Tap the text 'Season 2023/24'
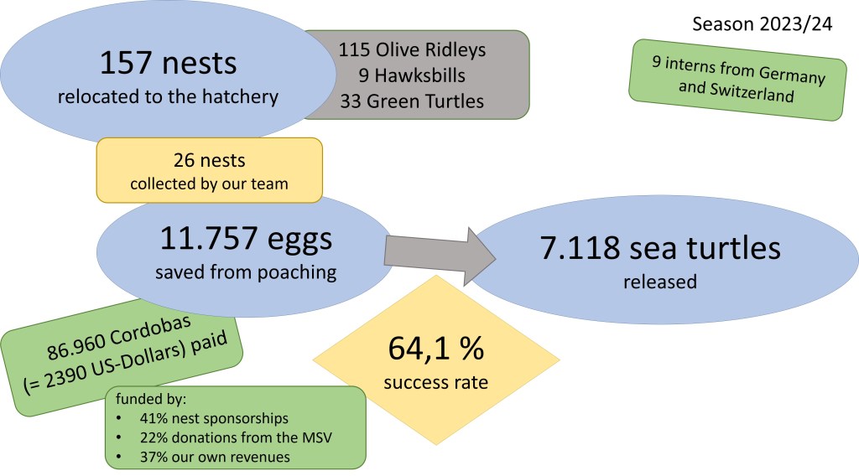[x=762, y=23]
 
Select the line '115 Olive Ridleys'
[x=412, y=49]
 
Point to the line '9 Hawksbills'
[x=412, y=76]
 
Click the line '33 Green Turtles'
[x=412, y=102]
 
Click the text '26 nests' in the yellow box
[x=209, y=159]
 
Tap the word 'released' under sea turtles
[x=659, y=282]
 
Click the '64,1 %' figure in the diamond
[x=435, y=349]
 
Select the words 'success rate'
[x=435, y=383]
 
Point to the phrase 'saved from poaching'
[x=245, y=272]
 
